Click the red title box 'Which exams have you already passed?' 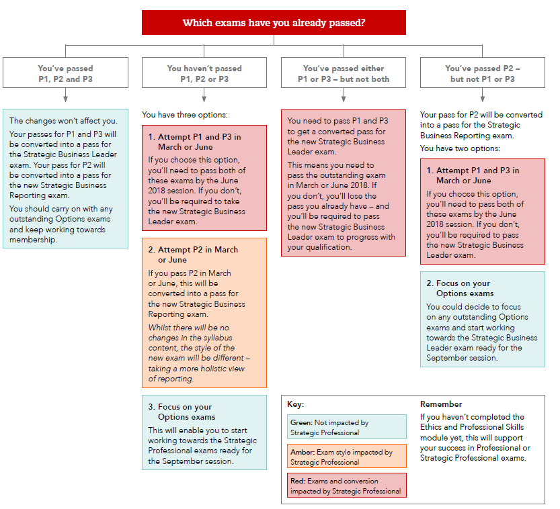274,22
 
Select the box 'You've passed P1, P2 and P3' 65,73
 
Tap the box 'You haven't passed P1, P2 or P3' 204,73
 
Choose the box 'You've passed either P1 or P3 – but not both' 344,73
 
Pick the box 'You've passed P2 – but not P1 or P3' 482,73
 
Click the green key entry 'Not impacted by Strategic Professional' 348,427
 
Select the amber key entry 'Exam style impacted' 348,457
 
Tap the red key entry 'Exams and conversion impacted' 348,485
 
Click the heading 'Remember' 441,404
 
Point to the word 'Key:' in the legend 295,404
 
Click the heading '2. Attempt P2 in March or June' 194,254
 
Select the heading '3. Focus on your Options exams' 182,412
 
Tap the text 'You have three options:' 185,115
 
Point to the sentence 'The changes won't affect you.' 63,121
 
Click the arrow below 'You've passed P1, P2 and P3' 65,97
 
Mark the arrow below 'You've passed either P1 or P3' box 344,97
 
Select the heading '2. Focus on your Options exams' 460,288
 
